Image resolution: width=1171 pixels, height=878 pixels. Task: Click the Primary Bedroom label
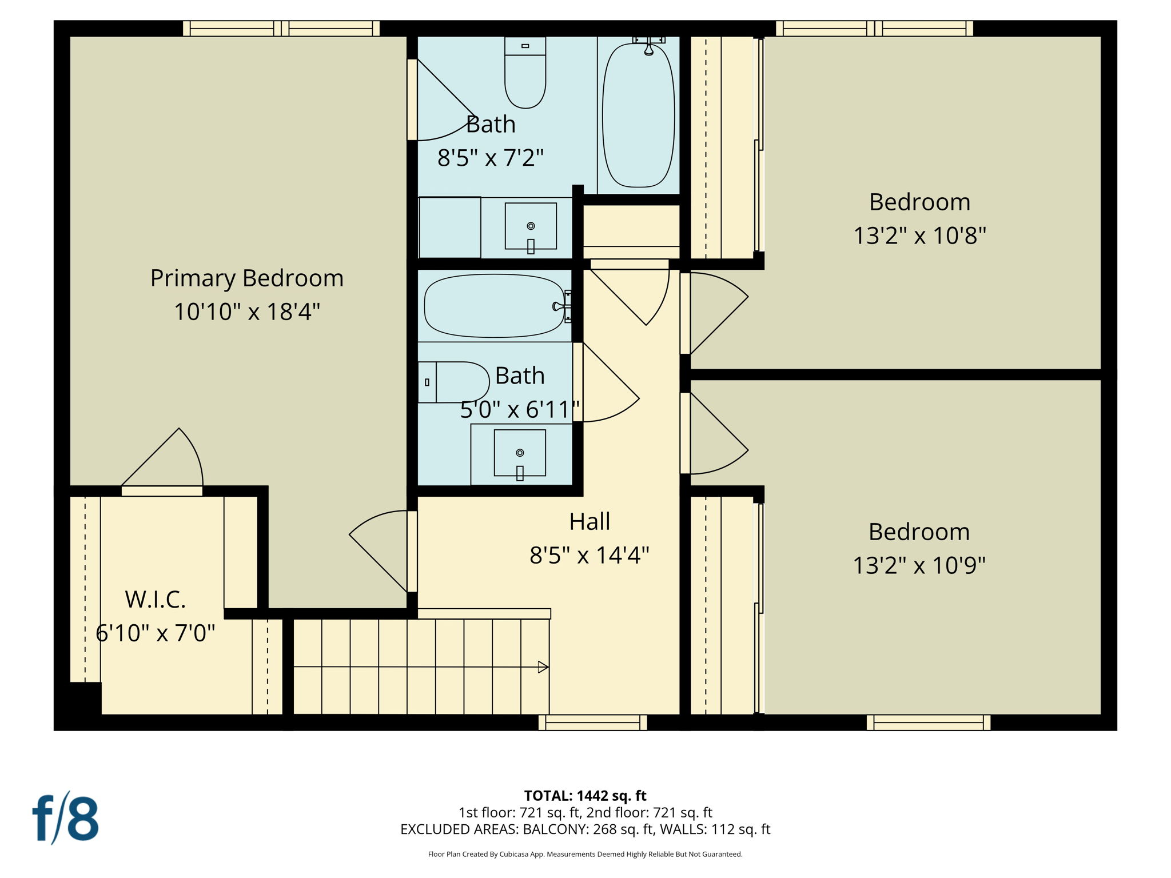pyautogui.click(x=246, y=278)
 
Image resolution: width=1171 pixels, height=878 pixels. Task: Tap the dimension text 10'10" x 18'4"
pyautogui.click(x=246, y=312)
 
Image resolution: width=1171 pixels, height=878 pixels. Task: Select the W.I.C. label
pyautogui.click(x=156, y=600)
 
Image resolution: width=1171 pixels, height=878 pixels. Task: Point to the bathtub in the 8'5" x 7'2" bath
pyautogui.click(x=638, y=114)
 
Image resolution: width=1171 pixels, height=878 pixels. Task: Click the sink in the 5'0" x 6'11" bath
pyautogui.click(x=519, y=453)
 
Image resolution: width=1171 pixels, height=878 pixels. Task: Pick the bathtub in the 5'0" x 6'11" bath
pyautogui.click(x=494, y=306)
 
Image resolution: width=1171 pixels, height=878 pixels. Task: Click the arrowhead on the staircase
pyautogui.click(x=543, y=667)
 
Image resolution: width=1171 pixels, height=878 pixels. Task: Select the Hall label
pyautogui.click(x=590, y=522)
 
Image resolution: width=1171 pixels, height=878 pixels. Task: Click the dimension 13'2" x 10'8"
pyautogui.click(x=919, y=236)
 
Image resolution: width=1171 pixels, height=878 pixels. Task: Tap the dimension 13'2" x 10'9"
pyautogui.click(x=919, y=565)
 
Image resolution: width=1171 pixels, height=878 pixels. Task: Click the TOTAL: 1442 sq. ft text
pyautogui.click(x=585, y=796)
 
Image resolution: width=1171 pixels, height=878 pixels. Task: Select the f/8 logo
pyautogui.click(x=65, y=819)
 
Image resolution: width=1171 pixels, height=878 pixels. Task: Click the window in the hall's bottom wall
pyautogui.click(x=592, y=723)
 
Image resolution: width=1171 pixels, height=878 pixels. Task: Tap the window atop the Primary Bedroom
pyautogui.click(x=281, y=29)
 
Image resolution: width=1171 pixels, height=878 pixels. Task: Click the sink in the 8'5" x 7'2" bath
pyautogui.click(x=531, y=226)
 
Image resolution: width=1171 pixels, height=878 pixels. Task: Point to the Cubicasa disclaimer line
pyautogui.click(x=585, y=855)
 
